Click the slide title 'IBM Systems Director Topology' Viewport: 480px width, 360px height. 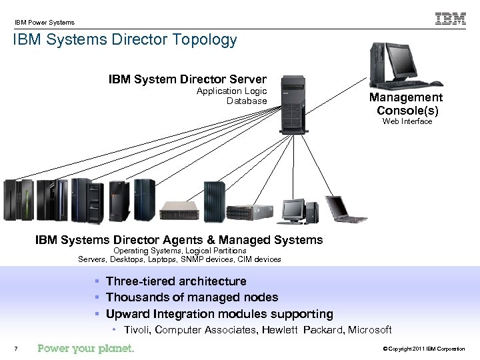click(125, 40)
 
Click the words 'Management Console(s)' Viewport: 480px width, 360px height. click(407, 104)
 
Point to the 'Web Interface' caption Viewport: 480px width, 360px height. click(407, 121)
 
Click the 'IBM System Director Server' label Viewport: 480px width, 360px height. click(187, 79)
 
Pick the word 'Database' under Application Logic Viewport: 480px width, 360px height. click(246, 101)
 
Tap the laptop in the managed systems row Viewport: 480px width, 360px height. click(345, 209)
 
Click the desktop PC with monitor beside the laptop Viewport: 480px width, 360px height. click(299, 211)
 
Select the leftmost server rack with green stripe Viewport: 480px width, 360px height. click(18, 199)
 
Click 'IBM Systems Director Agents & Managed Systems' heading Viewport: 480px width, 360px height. click(179, 240)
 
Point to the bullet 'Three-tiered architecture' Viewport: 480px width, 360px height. click(175, 281)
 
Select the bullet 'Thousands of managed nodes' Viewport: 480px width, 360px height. click(191, 297)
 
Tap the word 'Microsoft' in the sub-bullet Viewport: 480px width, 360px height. click(371, 330)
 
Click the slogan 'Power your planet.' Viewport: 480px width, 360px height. click(86, 349)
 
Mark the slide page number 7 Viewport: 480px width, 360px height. click(15, 349)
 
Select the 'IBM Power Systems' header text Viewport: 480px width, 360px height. click(45, 23)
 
